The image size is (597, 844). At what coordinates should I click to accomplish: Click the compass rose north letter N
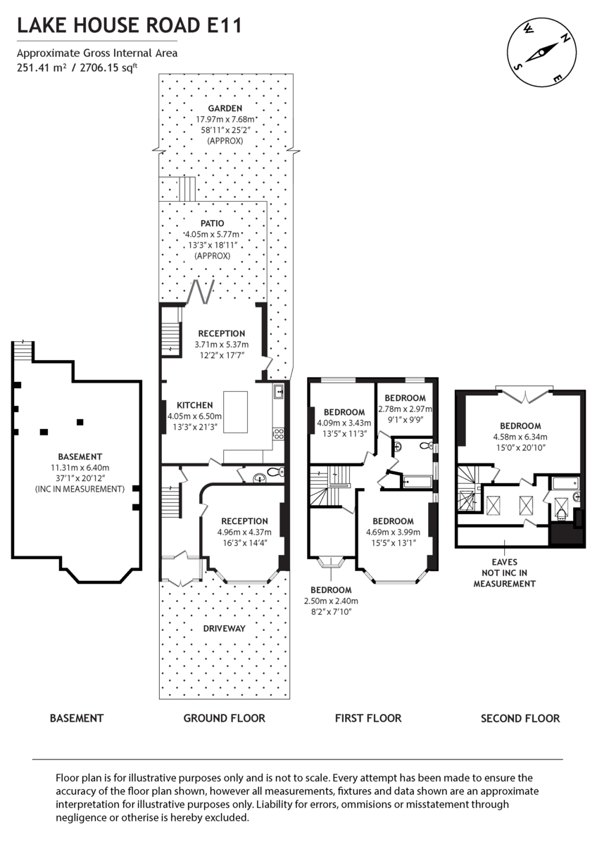(x=565, y=37)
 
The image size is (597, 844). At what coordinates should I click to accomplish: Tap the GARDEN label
(x=225, y=108)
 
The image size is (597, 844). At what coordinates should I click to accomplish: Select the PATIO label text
(x=213, y=224)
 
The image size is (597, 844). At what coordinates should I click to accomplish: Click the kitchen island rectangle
(x=236, y=412)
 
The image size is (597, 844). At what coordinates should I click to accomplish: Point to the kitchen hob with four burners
(x=279, y=434)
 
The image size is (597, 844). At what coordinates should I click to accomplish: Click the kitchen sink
(x=279, y=391)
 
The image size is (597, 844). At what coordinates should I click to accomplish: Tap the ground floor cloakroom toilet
(x=276, y=471)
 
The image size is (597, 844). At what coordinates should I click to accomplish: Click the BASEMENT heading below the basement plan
(x=77, y=718)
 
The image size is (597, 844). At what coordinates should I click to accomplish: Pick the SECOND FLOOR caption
(x=520, y=718)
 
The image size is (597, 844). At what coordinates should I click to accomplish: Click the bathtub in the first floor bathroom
(x=417, y=482)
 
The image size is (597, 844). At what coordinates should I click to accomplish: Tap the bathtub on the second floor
(x=565, y=483)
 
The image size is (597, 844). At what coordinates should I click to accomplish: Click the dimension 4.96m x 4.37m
(x=244, y=532)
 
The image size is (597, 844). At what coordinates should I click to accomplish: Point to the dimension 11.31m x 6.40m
(x=80, y=468)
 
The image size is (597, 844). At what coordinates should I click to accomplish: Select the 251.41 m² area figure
(x=42, y=68)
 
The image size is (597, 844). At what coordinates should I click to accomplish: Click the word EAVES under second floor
(x=504, y=562)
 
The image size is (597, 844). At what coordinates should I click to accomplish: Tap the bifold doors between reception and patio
(x=201, y=292)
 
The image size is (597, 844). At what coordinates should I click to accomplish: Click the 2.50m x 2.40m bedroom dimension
(x=331, y=601)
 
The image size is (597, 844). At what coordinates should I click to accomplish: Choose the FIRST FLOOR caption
(x=368, y=718)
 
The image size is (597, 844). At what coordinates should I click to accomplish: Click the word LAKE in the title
(x=42, y=26)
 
